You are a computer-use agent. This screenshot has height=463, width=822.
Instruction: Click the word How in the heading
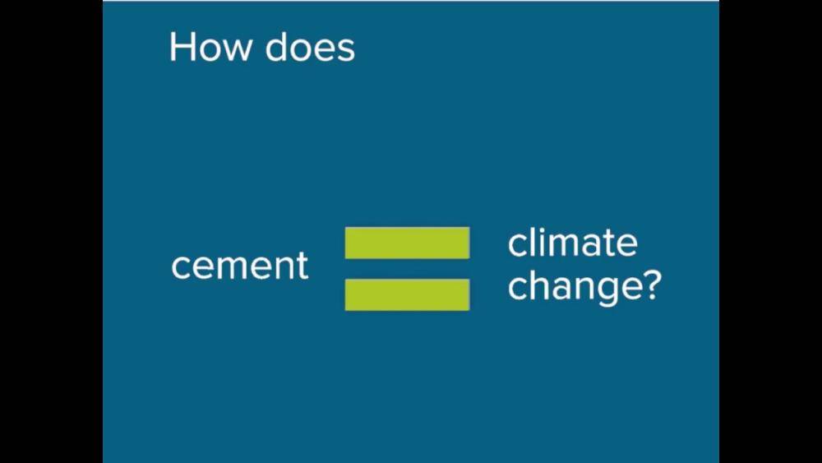(x=210, y=48)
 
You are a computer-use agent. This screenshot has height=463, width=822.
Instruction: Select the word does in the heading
(x=310, y=47)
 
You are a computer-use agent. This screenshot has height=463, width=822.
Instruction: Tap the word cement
(x=240, y=265)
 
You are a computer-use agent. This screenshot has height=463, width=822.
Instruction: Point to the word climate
(x=572, y=243)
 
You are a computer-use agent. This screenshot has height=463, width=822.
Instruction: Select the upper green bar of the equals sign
(x=408, y=243)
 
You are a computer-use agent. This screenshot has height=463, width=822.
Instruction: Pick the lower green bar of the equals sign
(x=408, y=294)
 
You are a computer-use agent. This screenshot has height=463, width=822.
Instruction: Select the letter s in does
(x=345, y=52)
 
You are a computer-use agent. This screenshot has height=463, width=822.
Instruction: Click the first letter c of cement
(x=181, y=268)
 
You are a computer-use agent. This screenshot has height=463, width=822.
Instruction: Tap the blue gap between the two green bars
(x=408, y=268)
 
